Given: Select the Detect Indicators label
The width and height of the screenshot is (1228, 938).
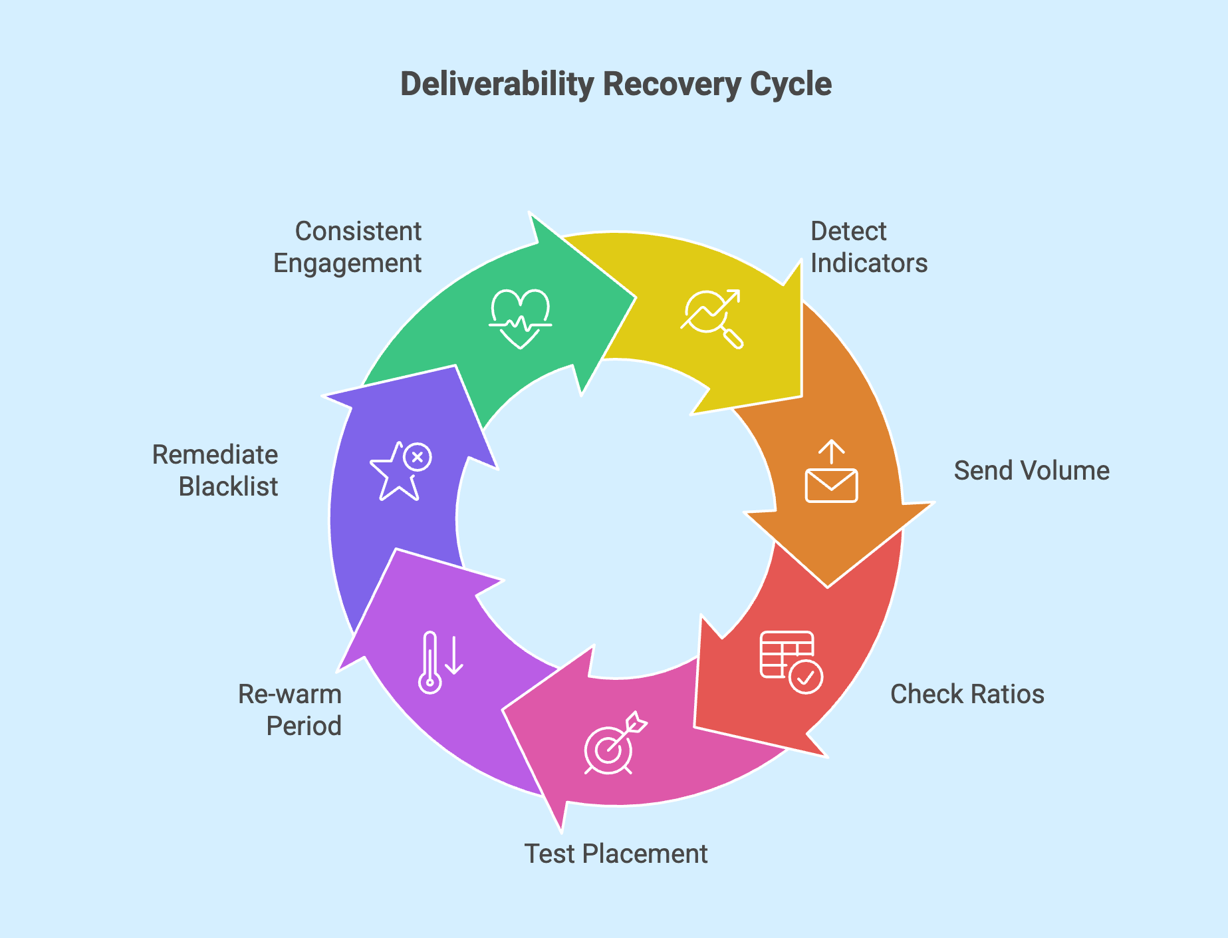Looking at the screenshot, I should [x=868, y=247].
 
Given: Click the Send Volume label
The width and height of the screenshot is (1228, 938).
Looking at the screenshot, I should [x=1031, y=470].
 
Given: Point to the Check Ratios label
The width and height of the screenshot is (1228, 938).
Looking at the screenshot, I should [x=967, y=694].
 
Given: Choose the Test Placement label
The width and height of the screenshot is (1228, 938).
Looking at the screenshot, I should [x=616, y=854].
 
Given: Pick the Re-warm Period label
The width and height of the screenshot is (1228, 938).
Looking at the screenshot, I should [x=291, y=710].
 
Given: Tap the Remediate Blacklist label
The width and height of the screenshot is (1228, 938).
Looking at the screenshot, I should [x=215, y=470].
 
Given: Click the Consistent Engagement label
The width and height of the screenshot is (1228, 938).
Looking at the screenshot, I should [x=348, y=247].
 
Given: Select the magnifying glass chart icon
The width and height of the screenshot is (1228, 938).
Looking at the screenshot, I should [x=711, y=318].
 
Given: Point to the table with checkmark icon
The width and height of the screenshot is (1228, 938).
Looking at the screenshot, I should [x=791, y=662].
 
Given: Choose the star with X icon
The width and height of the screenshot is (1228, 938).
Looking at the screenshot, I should [x=400, y=470].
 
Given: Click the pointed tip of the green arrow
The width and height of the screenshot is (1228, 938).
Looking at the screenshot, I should [x=634, y=297].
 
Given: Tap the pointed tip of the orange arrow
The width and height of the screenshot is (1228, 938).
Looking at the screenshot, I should [x=828, y=586].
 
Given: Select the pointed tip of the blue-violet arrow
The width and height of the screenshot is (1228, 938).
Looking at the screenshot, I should [x=455, y=367].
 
